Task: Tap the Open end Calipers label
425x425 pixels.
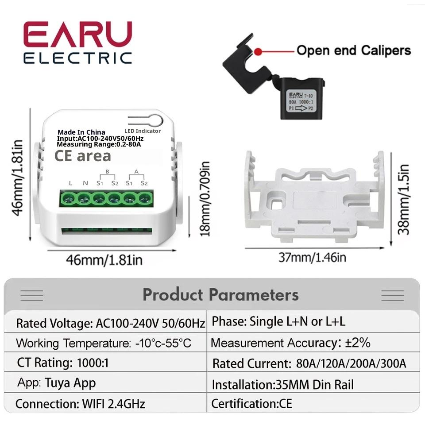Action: pos(353,50)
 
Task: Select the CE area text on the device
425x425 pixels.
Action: pos(82,156)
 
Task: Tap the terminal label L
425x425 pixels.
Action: pos(70,183)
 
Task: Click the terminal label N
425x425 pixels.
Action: pos(85,183)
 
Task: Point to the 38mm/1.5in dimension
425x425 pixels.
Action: pos(403,199)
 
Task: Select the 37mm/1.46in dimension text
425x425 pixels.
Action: pos(312,257)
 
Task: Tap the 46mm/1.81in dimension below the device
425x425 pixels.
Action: pos(104,259)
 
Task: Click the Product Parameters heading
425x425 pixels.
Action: pos(220,295)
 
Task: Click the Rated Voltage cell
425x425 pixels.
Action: pos(110,323)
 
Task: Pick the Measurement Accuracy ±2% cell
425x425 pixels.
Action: pos(290,343)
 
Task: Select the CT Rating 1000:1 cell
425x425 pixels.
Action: pos(63,363)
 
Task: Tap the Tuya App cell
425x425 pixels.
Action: pos(57,383)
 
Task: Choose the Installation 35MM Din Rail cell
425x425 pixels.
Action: pos(282,385)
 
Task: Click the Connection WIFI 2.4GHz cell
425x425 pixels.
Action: pos(80,404)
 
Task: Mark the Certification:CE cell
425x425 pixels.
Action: pos(251,404)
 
